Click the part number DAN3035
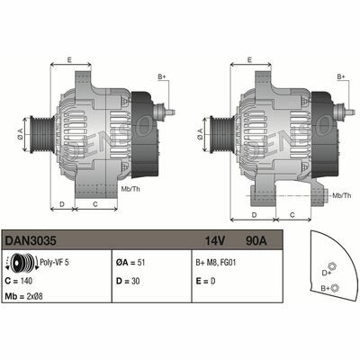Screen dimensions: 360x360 pyautogui.click(x=27, y=241)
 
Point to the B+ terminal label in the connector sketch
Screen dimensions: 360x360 pyautogui.click(x=324, y=288)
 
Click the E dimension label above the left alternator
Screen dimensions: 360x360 pyautogui.click(x=69, y=60)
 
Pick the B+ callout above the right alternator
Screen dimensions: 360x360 pyautogui.click(x=339, y=77)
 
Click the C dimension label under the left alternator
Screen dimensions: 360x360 pyautogui.click(x=95, y=205)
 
